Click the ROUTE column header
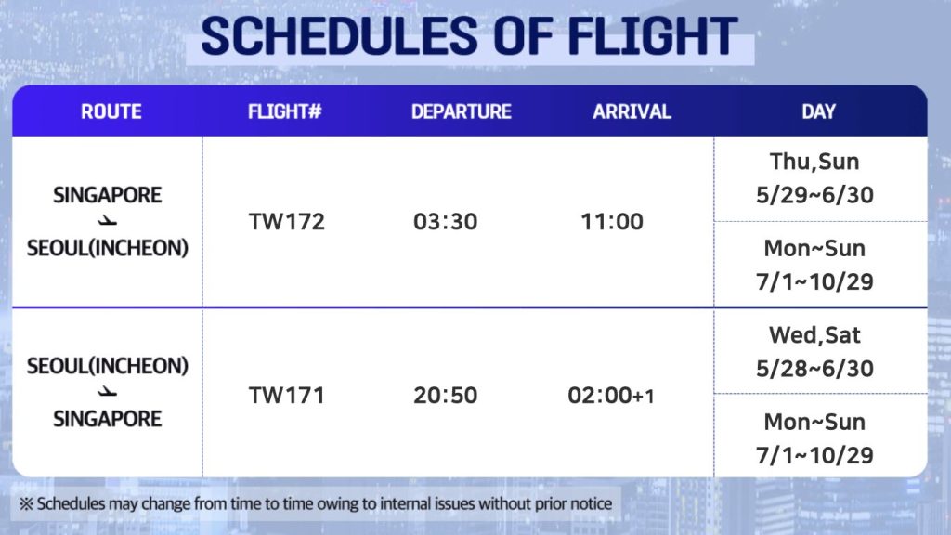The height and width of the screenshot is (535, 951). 111,111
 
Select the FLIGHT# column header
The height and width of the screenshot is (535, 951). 284,111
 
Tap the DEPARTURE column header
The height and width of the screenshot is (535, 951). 461,111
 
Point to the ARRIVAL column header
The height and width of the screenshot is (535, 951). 632,111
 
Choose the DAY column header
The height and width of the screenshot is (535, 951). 818,111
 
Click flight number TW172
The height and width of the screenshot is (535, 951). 286,221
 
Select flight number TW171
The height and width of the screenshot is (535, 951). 286,395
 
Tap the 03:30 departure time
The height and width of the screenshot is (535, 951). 445,221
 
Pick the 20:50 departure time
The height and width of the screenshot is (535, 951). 445,395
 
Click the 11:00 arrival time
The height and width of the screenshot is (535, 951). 611,221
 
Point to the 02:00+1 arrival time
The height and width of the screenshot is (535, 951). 611,395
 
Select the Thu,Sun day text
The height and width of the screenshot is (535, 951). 814,162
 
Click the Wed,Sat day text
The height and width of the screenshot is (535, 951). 814,335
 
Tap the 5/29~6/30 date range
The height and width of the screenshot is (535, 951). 814,195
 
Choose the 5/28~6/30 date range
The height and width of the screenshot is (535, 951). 814,368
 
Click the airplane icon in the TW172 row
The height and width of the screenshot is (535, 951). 108,221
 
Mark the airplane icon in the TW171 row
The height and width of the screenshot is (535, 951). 108,392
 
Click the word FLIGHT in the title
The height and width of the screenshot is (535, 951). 652,36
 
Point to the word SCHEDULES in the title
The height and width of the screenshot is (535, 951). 340,36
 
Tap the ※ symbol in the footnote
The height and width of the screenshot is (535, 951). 26,503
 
